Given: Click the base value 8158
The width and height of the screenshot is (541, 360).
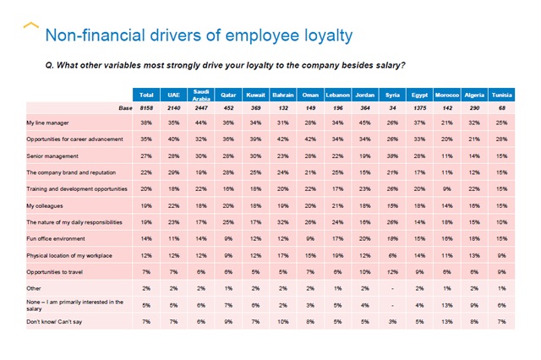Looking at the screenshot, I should (145, 107).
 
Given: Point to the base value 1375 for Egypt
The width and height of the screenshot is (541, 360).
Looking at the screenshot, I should (418, 107).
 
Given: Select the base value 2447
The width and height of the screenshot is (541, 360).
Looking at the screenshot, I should (201, 107).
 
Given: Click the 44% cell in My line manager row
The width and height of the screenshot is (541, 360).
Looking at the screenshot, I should (201, 123).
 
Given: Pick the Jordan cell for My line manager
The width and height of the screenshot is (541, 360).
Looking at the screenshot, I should (365, 123).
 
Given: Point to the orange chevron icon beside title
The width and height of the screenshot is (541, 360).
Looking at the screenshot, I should (31, 27).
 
